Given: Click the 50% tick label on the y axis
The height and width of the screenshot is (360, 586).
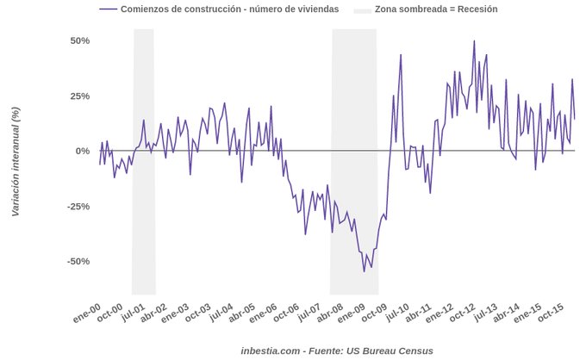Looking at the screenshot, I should pyautogui.click(x=79, y=40).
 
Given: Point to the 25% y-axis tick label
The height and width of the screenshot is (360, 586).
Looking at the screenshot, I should pyautogui.click(x=79, y=96).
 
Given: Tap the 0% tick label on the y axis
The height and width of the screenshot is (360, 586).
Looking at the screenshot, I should pyautogui.click(x=83, y=151).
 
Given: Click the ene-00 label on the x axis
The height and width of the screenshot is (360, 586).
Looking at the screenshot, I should pyautogui.click(x=87, y=313).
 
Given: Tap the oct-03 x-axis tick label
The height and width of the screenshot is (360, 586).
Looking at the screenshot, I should pyautogui.click(x=198, y=313).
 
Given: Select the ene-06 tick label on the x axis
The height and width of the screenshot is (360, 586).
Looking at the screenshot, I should pyautogui.click(x=265, y=313).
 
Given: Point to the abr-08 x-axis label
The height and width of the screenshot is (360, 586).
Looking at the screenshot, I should pyautogui.click(x=330, y=313).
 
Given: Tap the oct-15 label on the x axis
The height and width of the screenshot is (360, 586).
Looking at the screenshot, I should pyautogui.click(x=552, y=313).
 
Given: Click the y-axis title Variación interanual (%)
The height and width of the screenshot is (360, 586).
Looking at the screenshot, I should pyautogui.click(x=15, y=161).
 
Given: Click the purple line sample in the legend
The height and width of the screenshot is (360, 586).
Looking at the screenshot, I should pyautogui.click(x=108, y=9).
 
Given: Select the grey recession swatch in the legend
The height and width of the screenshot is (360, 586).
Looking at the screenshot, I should pyautogui.click(x=362, y=9).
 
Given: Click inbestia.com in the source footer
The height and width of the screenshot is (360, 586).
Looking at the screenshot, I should pyautogui.click(x=271, y=351).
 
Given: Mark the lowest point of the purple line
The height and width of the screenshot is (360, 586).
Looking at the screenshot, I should pyautogui.click(x=365, y=271).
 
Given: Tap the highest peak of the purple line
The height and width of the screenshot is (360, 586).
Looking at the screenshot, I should pyautogui.click(x=474, y=40).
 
